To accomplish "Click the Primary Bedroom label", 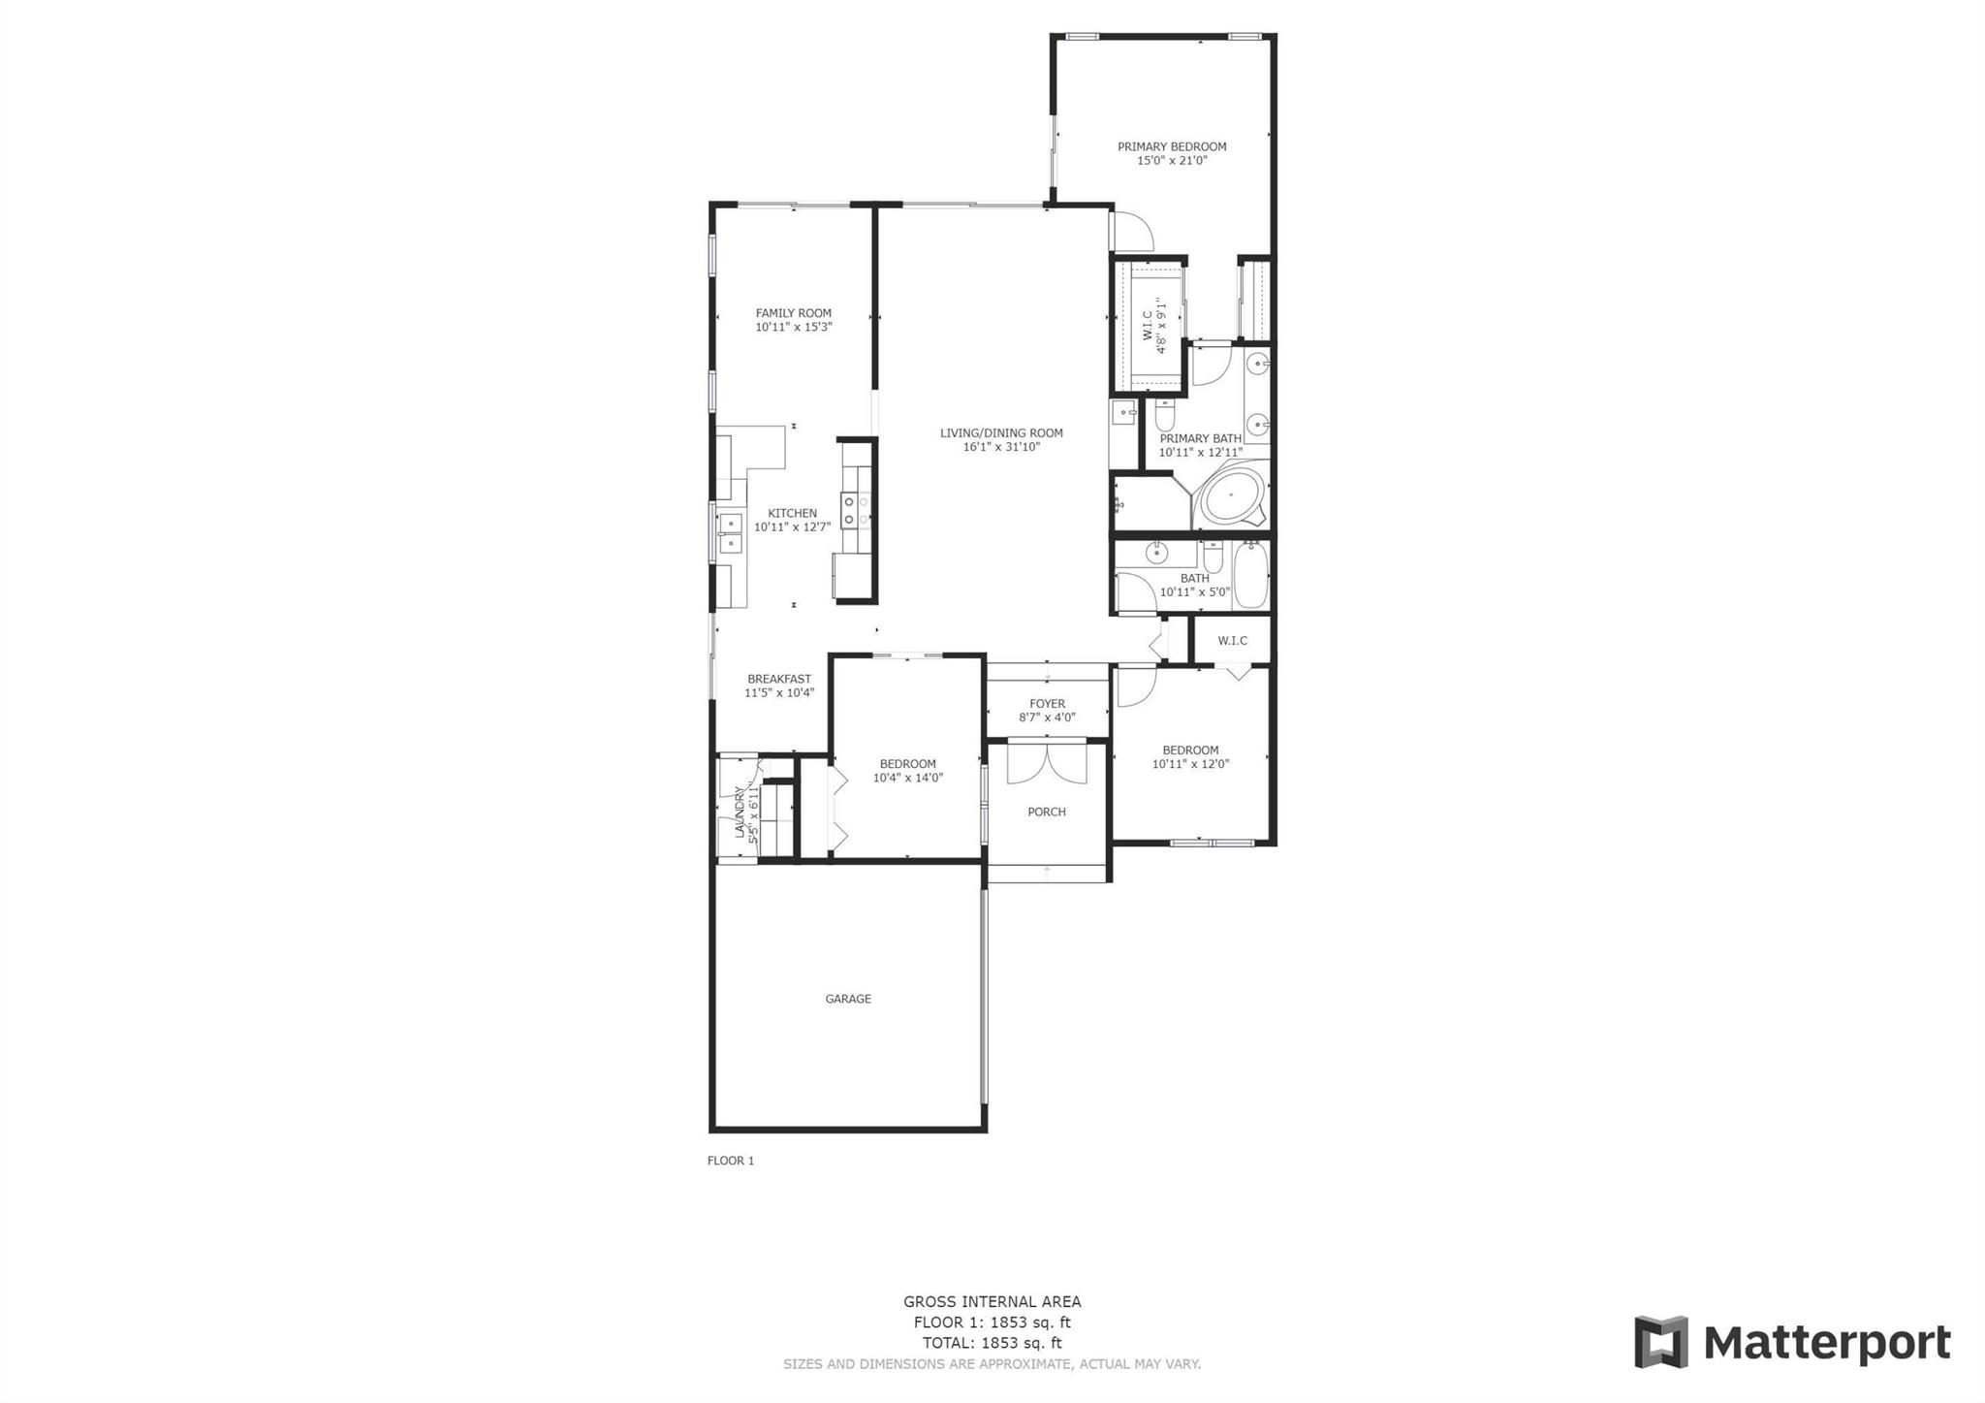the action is (x=1172, y=146).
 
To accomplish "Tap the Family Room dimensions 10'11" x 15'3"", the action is (x=794, y=328).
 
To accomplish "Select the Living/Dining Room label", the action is (x=1001, y=433).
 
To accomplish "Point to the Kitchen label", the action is (x=792, y=514).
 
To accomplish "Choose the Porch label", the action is (x=1047, y=813).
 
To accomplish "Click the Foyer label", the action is (x=1047, y=704).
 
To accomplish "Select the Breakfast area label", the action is (x=779, y=680).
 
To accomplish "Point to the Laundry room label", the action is (x=740, y=813).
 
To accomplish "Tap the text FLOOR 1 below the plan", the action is (x=731, y=1161).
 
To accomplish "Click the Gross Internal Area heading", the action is (x=992, y=1302).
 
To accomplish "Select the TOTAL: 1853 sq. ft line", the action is (x=992, y=1344).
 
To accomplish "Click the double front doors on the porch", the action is (x=1047, y=762).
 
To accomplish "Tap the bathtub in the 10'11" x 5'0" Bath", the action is (x=1250, y=576).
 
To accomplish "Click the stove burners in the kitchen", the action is (x=856, y=511).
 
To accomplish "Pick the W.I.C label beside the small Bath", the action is (x=1232, y=641).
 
